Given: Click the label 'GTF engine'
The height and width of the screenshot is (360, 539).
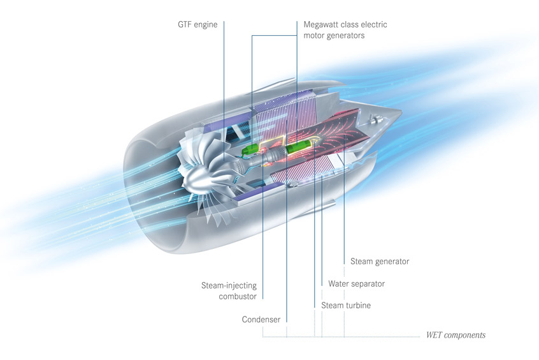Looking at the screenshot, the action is pyautogui.click(x=198, y=24).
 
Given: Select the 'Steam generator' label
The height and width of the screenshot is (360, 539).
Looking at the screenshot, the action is pyautogui.click(x=380, y=262).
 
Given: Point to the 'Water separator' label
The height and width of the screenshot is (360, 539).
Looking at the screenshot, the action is pyautogui.click(x=357, y=283).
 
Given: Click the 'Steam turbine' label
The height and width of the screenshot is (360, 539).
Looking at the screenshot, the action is pyautogui.click(x=346, y=305).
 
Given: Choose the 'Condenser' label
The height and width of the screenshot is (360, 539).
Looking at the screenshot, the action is pyautogui.click(x=261, y=319).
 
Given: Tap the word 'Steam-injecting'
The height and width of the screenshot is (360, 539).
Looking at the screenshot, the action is pyautogui.click(x=229, y=285).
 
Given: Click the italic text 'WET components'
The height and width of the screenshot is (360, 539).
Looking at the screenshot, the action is pyautogui.click(x=456, y=335).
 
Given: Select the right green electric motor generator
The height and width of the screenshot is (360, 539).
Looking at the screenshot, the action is pyautogui.click(x=299, y=147).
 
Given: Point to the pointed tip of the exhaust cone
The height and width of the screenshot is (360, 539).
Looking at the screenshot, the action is pyautogui.click(x=401, y=111).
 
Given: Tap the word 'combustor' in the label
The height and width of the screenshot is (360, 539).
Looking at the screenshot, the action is pyautogui.click(x=238, y=296).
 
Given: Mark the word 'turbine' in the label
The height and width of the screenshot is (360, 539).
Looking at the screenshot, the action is pyautogui.click(x=358, y=305).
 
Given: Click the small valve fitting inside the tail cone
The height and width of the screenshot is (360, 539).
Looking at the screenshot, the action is pyautogui.click(x=375, y=120).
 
